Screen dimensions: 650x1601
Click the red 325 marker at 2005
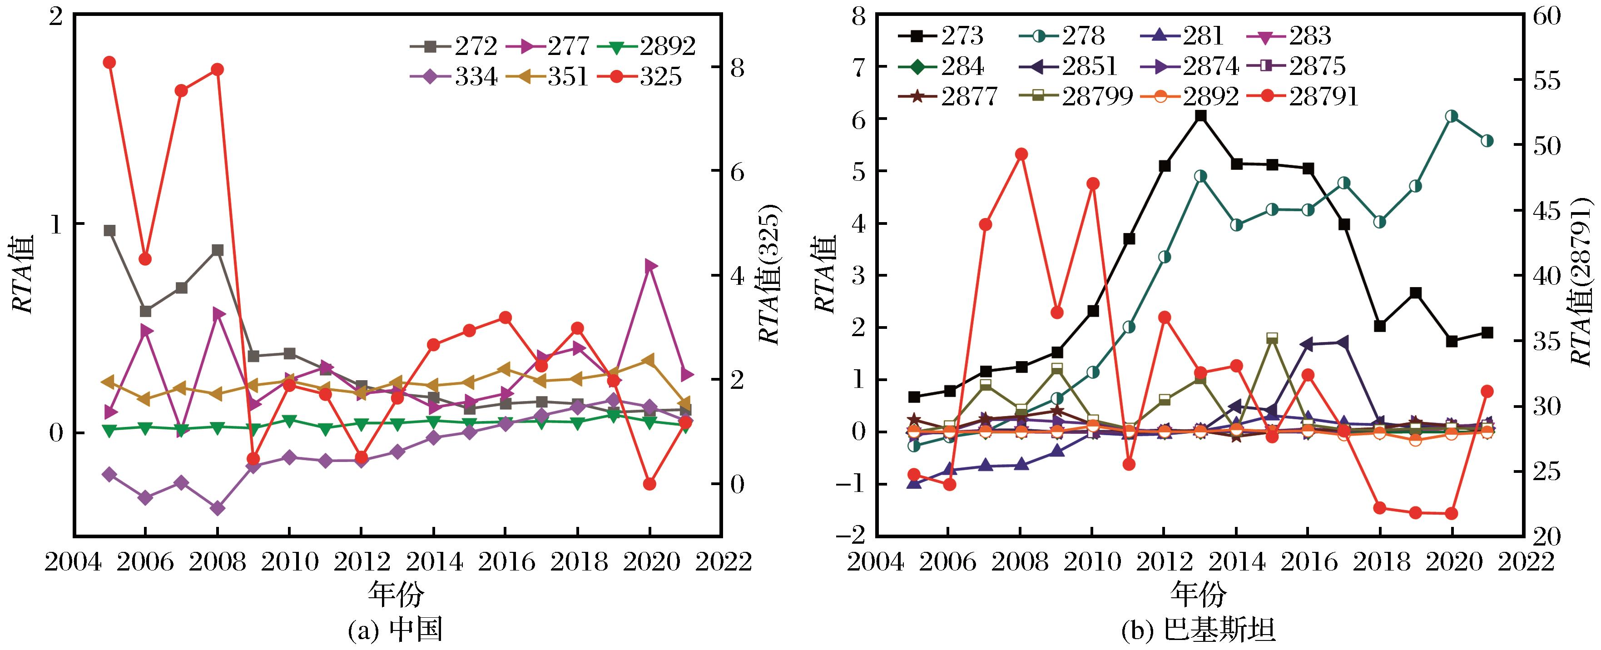click(109, 62)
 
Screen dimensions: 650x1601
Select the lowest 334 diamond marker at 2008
click(218, 508)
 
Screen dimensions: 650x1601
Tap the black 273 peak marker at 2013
click(1201, 115)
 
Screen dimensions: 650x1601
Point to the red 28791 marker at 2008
click(1021, 154)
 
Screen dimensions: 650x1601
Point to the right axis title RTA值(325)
click(771, 275)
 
